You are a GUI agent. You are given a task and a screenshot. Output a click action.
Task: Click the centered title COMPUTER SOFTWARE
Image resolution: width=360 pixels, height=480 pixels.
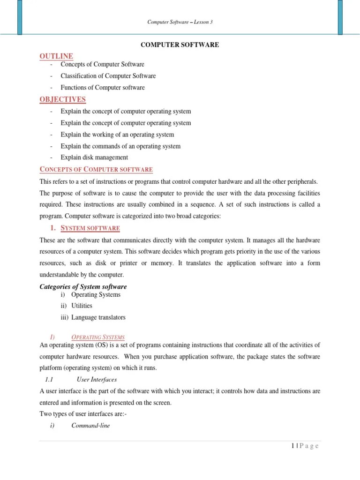(x=180, y=45)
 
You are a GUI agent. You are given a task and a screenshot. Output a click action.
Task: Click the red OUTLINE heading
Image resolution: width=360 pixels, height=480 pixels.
(x=56, y=56)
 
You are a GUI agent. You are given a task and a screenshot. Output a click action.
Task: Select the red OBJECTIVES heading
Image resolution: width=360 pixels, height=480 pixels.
(x=62, y=99)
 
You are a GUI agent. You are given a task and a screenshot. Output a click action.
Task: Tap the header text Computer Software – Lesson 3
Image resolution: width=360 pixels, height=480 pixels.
(x=180, y=22)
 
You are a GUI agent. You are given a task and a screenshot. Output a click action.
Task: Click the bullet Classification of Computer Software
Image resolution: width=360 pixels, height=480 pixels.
(x=108, y=76)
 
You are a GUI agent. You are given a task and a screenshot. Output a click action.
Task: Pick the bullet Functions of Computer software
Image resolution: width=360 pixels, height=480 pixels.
(x=102, y=88)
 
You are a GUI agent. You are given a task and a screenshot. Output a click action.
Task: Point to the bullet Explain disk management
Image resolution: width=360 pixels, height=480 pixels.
(x=94, y=157)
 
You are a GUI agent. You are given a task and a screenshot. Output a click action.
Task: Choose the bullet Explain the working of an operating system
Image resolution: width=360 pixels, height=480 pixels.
(x=117, y=135)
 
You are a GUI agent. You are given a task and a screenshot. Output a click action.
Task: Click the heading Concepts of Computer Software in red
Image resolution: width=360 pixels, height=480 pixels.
(x=96, y=169)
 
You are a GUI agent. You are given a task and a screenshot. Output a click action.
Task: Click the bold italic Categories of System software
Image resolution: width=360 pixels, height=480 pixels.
(x=83, y=286)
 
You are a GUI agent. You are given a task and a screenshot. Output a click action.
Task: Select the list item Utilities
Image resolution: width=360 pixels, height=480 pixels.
(x=82, y=306)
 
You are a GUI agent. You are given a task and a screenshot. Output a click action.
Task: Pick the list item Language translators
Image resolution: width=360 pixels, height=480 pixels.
(x=98, y=317)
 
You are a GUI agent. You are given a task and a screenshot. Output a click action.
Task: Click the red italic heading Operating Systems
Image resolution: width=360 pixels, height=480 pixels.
(x=98, y=337)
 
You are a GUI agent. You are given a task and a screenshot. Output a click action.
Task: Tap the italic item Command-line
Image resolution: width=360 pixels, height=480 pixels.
(x=90, y=426)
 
